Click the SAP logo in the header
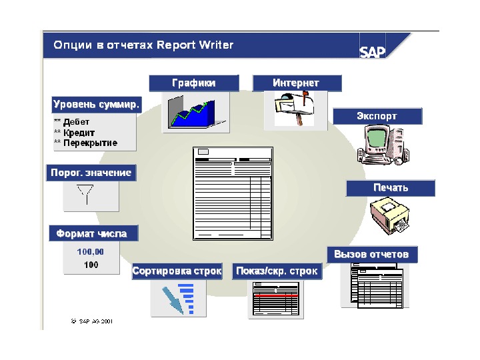pos(373,51)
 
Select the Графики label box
pos(194,83)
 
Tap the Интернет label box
pos(297,83)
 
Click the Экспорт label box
pos(377,116)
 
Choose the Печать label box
pos(390,187)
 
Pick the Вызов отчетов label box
pos(372,254)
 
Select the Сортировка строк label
pos(177,271)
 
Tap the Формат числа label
pos(96,234)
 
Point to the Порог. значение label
pos(91,173)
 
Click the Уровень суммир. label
pos(96,105)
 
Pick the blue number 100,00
pos(90,251)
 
